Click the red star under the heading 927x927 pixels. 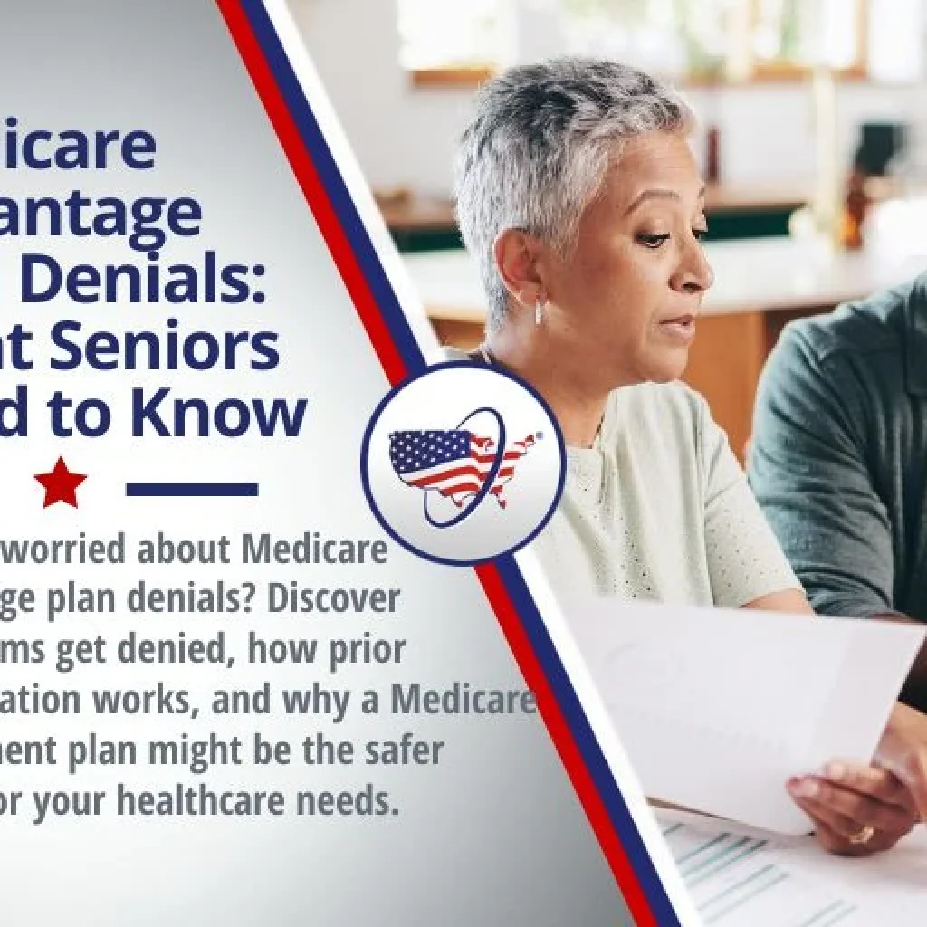(x=61, y=483)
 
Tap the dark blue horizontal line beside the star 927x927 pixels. (x=192, y=490)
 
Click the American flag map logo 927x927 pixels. (x=461, y=464)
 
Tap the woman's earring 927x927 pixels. (x=540, y=312)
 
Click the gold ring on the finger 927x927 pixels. (x=860, y=835)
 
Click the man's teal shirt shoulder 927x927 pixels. (x=815, y=380)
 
